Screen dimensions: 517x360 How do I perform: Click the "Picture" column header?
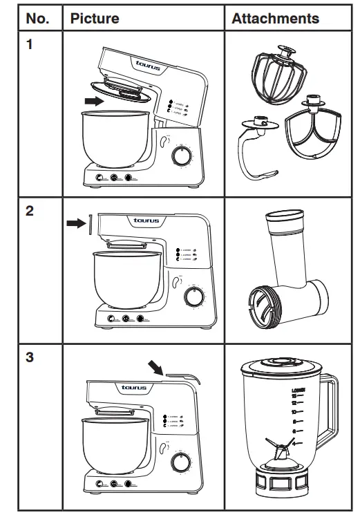(x=94, y=19)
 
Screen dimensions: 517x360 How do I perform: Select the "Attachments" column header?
(x=275, y=19)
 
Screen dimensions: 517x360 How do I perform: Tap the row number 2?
(x=30, y=211)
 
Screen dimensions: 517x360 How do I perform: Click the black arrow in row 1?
(x=91, y=101)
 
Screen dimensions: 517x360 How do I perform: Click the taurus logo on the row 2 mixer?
(x=146, y=221)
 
